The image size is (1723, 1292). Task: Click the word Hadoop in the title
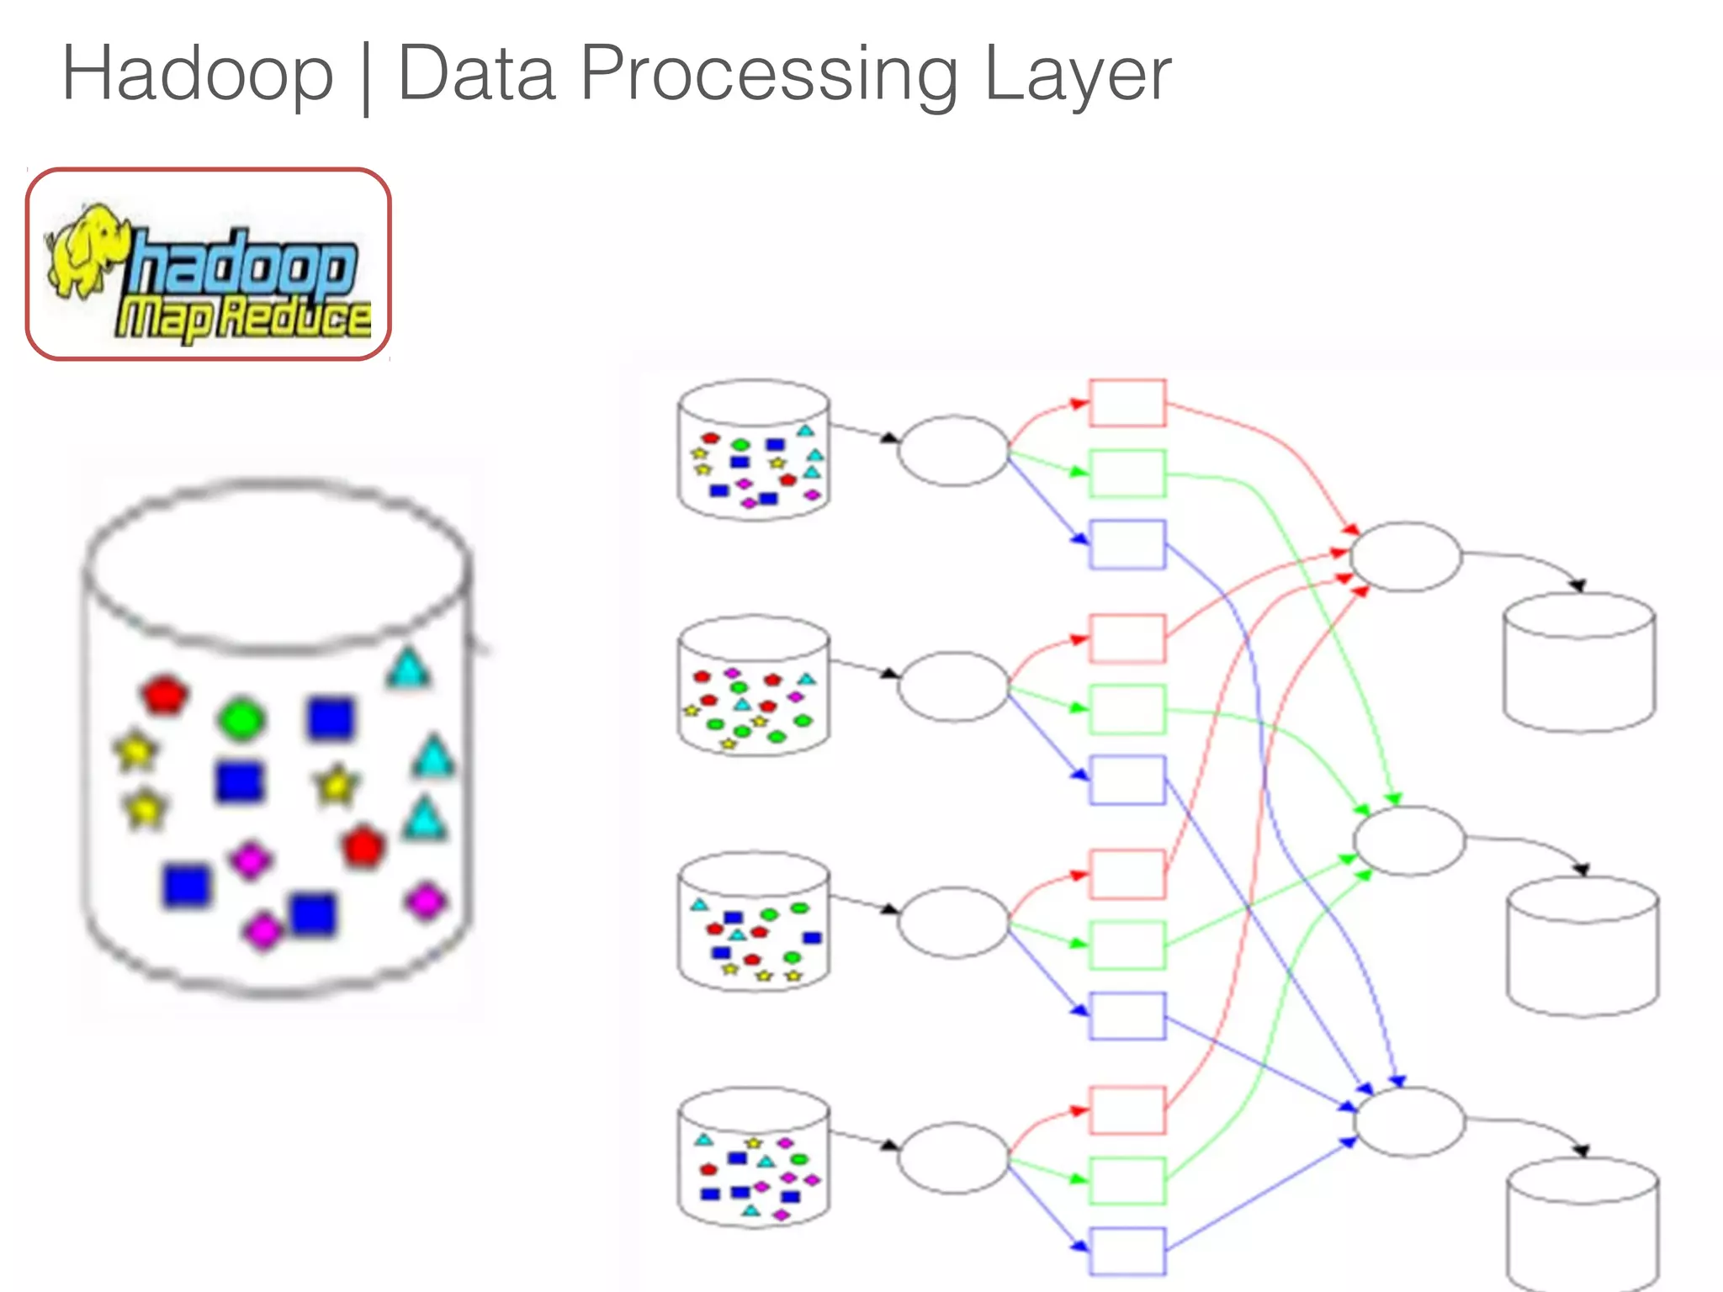pyautogui.click(x=199, y=74)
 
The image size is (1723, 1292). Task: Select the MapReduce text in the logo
pyautogui.click(x=243, y=319)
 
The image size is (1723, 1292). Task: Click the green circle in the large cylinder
pyautogui.click(x=241, y=718)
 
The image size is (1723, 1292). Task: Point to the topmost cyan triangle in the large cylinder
pyautogui.click(x=409, y=669)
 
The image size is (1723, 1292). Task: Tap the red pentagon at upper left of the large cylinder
pyautogui.click(x=164, y=694)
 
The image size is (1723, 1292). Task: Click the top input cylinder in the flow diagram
pyautogui.click(x=754, y=450)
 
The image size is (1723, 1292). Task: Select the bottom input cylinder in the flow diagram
pyautogui.click(x=754, y=1158)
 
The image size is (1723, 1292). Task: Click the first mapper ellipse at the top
pyautogui.click(x=953, y=450)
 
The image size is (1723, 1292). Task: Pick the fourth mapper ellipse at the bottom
pyautogui.click(x=953, y=1157)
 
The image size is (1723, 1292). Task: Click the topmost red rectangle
pyautogui.click(x=1127, y=403)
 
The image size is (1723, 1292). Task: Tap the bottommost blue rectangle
pyautogui.click(x=1127, y=1251)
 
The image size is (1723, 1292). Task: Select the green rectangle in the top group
pyautogui.click(x=1127, y=474)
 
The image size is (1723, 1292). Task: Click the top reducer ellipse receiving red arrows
pyautogui.click(x=1406, y=556)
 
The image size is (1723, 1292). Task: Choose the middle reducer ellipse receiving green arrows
pyautogui.click(x=1409, y=840)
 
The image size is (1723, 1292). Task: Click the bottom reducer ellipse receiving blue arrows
pyautogui.click(x=1409, y=1122)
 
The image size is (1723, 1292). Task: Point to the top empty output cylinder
pyautogui.click(x=1579, y=663)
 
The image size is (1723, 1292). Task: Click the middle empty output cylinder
pyautogui.click(x=1583, y=947)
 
